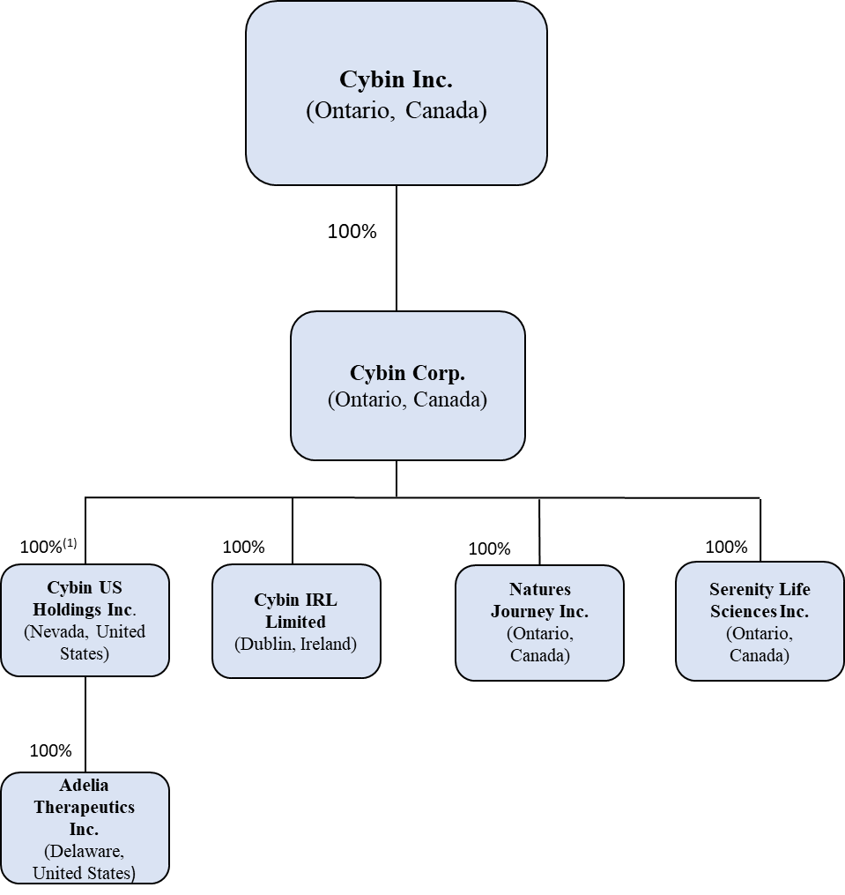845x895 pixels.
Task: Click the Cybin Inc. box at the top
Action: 396,93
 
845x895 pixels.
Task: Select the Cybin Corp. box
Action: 407,385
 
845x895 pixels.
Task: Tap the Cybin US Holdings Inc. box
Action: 85,620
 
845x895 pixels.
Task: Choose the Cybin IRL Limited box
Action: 296,621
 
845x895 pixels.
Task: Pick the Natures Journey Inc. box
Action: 539,623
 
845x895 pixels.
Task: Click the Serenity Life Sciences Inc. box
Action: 760,621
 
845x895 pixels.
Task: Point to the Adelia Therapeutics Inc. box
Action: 85,828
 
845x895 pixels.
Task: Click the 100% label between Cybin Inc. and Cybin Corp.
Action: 352,232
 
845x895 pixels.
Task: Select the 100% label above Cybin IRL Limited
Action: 243,547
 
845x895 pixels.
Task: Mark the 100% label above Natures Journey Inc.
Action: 489,548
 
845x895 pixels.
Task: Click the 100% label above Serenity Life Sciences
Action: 726,547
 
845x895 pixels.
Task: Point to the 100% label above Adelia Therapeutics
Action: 50,750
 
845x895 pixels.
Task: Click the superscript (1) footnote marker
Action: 70,543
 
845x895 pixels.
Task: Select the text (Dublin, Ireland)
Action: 296,644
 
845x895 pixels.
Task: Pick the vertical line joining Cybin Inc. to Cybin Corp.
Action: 397,265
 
